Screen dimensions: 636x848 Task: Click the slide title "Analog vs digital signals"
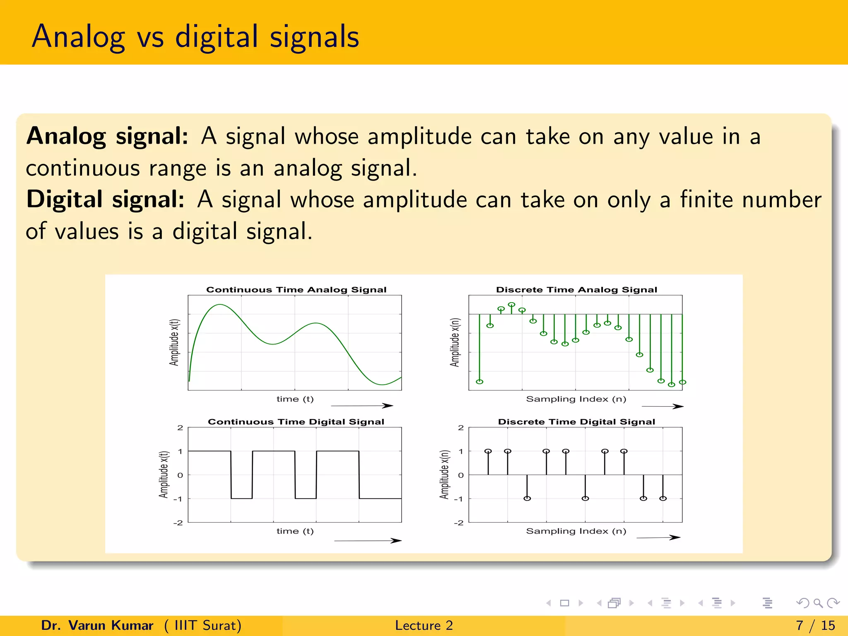coord(195,36)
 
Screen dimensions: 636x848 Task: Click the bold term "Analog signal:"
coord(107,136)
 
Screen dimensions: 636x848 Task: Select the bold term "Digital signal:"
coord(105,199)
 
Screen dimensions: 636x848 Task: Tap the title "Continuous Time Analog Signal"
coord(296,289)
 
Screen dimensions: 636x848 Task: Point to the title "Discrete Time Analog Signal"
coord(576,289)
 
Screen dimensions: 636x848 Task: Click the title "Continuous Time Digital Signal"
coord(296,422)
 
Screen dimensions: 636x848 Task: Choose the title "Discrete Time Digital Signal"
coord(576,422)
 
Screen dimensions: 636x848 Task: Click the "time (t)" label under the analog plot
coord(295,399)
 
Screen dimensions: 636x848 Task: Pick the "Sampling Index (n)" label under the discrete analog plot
coord(576,399)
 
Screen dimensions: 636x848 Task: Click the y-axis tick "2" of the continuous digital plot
coord(180,428)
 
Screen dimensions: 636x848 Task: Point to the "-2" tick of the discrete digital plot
coord(458,523)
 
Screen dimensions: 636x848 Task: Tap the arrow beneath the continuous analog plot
coord(362,406)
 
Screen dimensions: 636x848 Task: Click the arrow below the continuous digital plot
coord(368,540)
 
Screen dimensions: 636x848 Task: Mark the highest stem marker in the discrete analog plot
coord(512,305)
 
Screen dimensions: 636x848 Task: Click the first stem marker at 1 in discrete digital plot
coord(488,451)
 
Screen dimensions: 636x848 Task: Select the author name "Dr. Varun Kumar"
coord(97,625)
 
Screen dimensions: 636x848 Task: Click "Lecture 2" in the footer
coord(424,625)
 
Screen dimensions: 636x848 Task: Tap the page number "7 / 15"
coord(815,625)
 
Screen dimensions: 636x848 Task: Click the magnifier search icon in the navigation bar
coord(818,603)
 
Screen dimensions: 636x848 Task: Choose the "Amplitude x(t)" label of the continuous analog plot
coord(174,342)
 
